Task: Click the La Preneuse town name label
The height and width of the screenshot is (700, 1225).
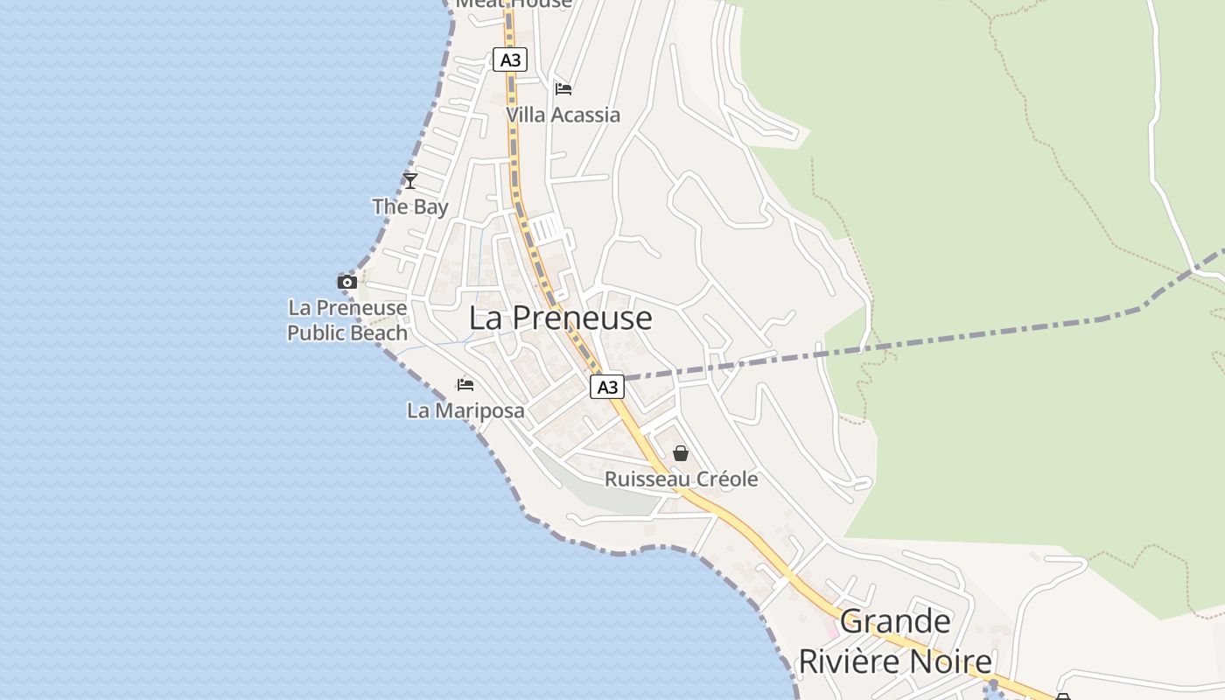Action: pyautogui.click(x=560, y=318)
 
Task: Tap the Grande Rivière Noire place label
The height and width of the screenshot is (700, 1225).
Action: pyautogui.click(x=895, y=641)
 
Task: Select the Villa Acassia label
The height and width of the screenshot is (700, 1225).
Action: pyautogui.click(x=563, y=115)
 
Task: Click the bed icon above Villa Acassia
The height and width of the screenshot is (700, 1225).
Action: pyautogui.click(x=563, y=88)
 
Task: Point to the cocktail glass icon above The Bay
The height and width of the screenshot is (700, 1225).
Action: pyautogui.click(x=409, y=181)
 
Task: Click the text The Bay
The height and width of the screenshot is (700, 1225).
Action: pyautogui.click(x=409, y=207)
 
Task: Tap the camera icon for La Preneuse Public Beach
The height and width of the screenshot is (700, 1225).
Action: pyautogui.click(x=347, y=282)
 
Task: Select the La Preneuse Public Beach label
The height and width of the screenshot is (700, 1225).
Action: pyautogui.click(x=347, y=320)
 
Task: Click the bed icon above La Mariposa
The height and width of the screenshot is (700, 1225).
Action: pyautogui.click(x=465, y=384)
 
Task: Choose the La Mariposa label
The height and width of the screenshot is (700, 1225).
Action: pyautogui.click(x=465, y=410)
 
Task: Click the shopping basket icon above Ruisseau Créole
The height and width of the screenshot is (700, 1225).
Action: pyautogui.click(x=681, y=453)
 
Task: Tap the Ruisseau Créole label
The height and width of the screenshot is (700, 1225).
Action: pyautogui.click(x=681, y=479)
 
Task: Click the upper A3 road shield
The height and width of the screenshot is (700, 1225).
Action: pyautogui.click(x=510, y=59)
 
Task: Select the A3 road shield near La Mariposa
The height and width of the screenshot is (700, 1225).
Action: pyautogui.click(x=607, y=387)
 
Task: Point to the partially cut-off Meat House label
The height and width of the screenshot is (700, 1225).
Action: pyautogui.click(x=514, y=3)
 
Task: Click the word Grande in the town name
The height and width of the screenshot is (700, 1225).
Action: pyautogui.click(x=895, y=621)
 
